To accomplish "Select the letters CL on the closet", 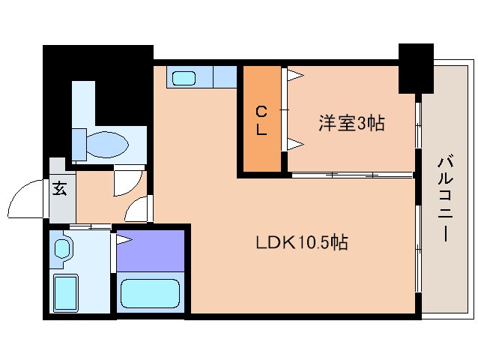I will [261, 121].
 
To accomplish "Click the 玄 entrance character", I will [59, 188].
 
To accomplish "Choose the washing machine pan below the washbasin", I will [67, 293].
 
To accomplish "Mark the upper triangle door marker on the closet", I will [295, 74].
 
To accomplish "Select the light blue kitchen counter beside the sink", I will [224, 76].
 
